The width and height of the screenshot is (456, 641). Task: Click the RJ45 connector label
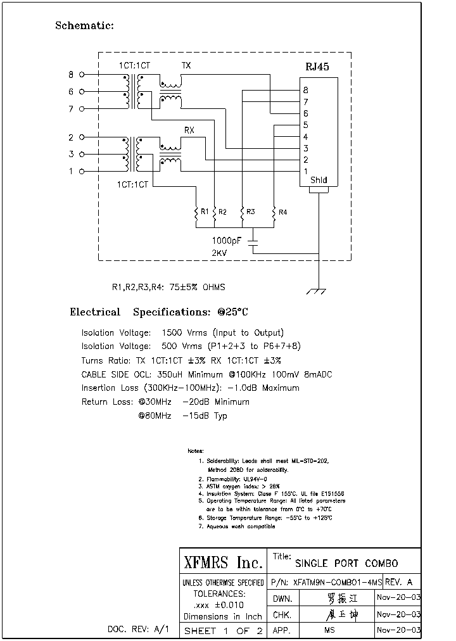pos(317,67)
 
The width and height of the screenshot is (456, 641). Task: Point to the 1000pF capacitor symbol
pos(253,241)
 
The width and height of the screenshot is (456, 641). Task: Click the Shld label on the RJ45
pos(319,181)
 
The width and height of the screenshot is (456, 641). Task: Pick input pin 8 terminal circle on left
pos(81,75)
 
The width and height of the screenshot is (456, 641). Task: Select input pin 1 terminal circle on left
pos(81,171)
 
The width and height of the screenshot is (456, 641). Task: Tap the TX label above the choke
pos(186,65)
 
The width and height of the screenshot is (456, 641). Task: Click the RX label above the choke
pos(189,130)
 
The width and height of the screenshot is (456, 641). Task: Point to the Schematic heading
pos(84,25)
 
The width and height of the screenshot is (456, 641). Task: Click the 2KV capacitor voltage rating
pos(219,253)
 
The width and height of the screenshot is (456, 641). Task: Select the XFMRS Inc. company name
pos(222,562)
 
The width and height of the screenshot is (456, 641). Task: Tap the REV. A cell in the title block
pos(399,582)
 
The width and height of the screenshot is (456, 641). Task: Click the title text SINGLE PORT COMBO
pos(347,563)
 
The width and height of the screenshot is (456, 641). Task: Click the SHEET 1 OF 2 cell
pos(222,631)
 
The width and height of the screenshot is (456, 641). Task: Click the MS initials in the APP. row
pos(329,631)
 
